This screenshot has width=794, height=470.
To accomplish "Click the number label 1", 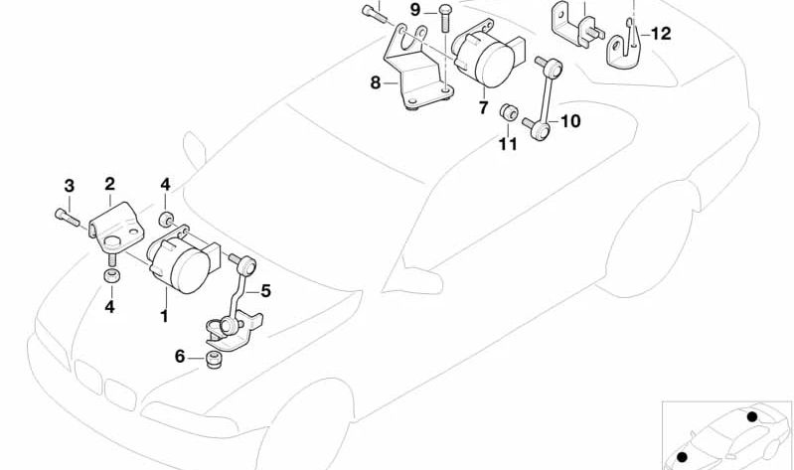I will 164,317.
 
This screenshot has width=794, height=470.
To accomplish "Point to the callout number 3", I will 69,186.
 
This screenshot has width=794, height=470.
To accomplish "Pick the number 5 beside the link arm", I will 265,291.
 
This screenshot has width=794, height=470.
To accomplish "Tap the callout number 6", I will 180,356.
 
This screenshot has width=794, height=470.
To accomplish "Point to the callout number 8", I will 376,82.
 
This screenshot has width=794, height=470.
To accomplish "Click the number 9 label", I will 414,10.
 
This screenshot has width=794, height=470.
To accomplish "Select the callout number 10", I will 569,122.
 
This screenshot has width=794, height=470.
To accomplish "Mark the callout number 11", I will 508,145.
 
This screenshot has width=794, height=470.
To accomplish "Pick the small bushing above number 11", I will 509,110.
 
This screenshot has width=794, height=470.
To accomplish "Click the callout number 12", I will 661,33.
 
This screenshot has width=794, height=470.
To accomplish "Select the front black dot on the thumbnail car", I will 683,456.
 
